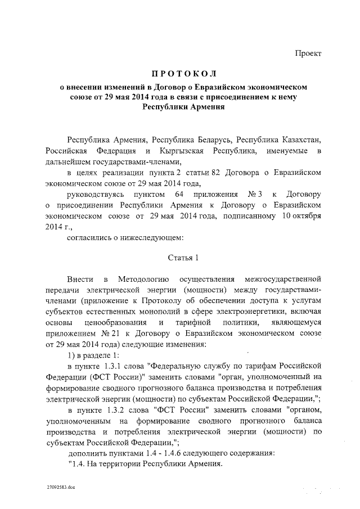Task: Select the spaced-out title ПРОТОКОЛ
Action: coord(184,75)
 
